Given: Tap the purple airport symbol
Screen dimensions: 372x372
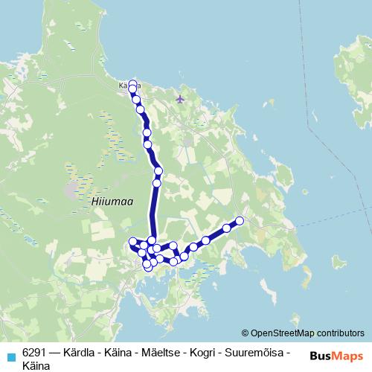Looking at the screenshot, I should point(179,98).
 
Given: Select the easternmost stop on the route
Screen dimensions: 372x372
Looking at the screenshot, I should point(240,220).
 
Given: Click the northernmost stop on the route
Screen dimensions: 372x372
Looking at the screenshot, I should point(133,84).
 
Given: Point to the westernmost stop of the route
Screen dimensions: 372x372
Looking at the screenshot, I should point(133,241).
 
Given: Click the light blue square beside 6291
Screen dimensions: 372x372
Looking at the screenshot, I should point(11,357).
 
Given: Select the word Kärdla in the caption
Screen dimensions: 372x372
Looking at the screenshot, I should point(82,351).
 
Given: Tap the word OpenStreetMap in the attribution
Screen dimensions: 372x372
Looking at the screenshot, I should point(283,333).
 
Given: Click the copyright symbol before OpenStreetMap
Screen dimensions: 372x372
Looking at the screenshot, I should point(246,333).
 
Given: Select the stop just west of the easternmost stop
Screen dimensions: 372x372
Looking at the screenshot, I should point(227,228).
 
